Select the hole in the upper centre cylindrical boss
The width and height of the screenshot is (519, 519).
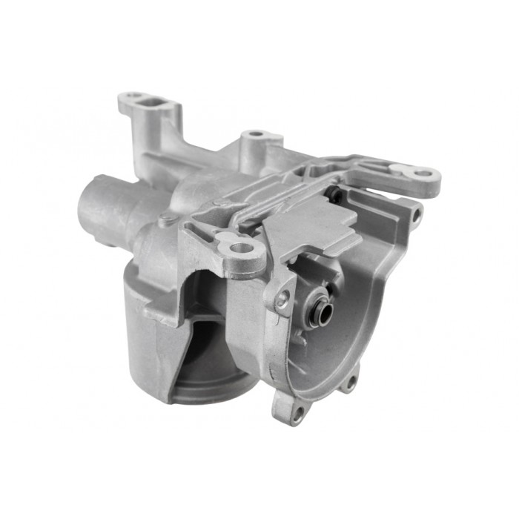[x=256, y=134]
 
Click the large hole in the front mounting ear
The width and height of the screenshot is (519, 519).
[x=240, y=248]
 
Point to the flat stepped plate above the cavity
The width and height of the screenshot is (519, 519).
[x=311, y=222]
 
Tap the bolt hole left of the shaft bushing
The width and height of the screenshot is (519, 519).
[x=282, y=300]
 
